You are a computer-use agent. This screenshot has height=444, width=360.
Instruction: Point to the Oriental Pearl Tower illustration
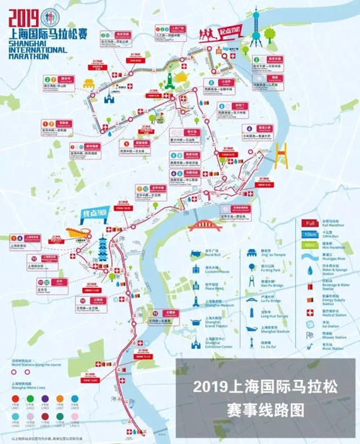pos(253,32)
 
